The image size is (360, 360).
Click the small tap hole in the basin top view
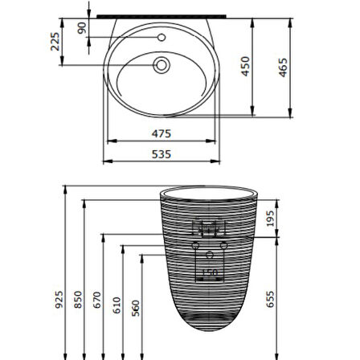click(x=160, y=36)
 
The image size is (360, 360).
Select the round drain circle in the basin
click(x=161, y=65)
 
